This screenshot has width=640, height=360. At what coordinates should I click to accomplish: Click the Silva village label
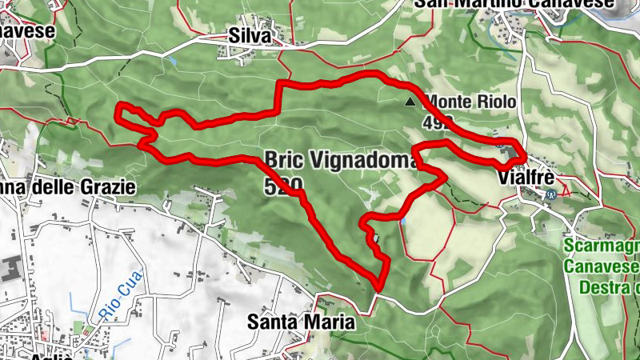[250, 35]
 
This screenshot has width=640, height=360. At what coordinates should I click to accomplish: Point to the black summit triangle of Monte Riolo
[411, 102]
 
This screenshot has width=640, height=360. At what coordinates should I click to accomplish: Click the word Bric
[285, 158]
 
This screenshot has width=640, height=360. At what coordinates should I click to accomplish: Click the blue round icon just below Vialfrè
[550, 194]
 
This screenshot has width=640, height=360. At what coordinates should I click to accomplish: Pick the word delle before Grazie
[55, 187]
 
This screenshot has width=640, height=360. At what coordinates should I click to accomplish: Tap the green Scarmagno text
[602, 246]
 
